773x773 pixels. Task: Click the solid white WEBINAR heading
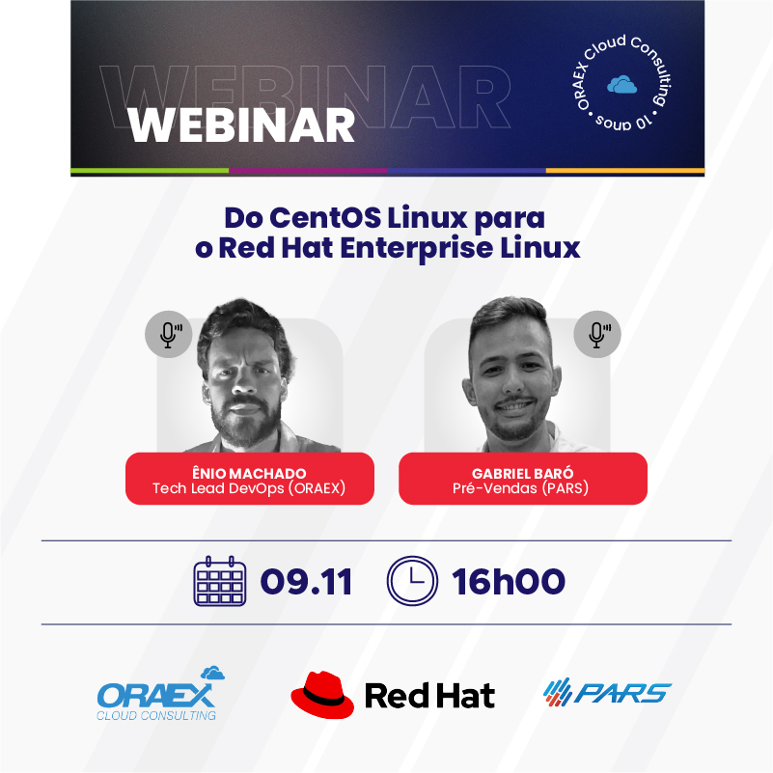pos(241,125)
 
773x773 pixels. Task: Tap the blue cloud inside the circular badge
pos(621,85)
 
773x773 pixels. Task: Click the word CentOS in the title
pos(325,217)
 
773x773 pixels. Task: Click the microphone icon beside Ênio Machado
pos(169,334)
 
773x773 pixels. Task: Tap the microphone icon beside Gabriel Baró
pos(597,334)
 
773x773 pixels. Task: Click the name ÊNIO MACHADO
pos(249,473)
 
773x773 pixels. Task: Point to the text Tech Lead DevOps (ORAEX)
pos(249,488)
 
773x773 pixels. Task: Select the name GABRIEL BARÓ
pos(522,473)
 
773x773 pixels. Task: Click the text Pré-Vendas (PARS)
pos(520,488)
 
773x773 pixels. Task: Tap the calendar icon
pos(220,581)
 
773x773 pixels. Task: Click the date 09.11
pos(306,582)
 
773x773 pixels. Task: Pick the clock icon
pos(412,581)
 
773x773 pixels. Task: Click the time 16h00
pos(509,582)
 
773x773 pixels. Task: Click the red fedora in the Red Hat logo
pos(322,694)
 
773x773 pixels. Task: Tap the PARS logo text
pos(622,693)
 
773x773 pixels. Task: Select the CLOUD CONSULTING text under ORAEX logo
pos(156,715)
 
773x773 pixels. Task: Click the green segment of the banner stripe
pos(150,171)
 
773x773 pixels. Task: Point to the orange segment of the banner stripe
pos(625,171)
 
